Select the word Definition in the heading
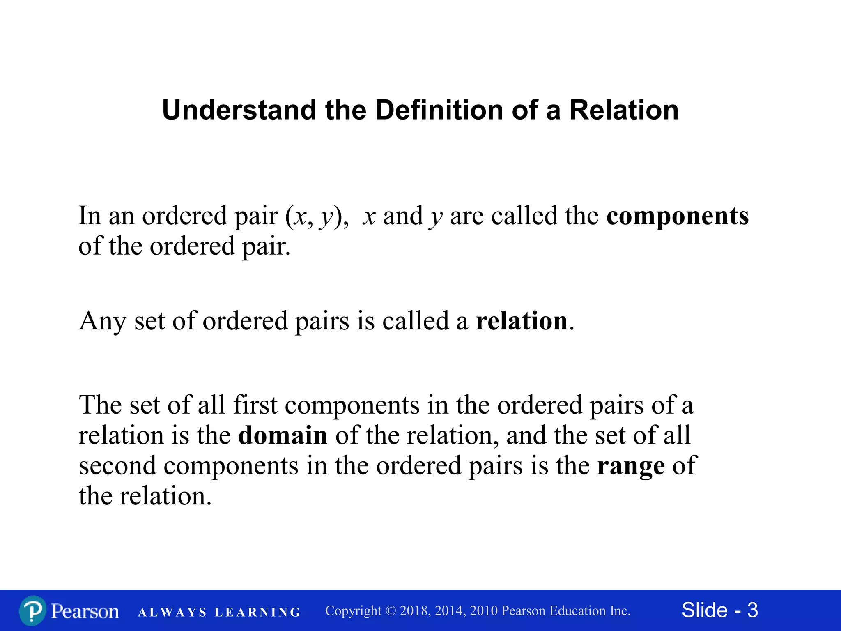pos(439,111)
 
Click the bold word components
pos(677,216)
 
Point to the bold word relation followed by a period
pos(521,321)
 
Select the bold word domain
pos(283,435)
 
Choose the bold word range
pos(630,466)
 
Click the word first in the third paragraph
pos(255,405)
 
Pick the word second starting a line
pos(117,466)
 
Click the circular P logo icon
pos(32,611)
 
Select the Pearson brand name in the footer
pos(85,611)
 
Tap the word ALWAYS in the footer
pos(172,613)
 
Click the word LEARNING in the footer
pos(257,613)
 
